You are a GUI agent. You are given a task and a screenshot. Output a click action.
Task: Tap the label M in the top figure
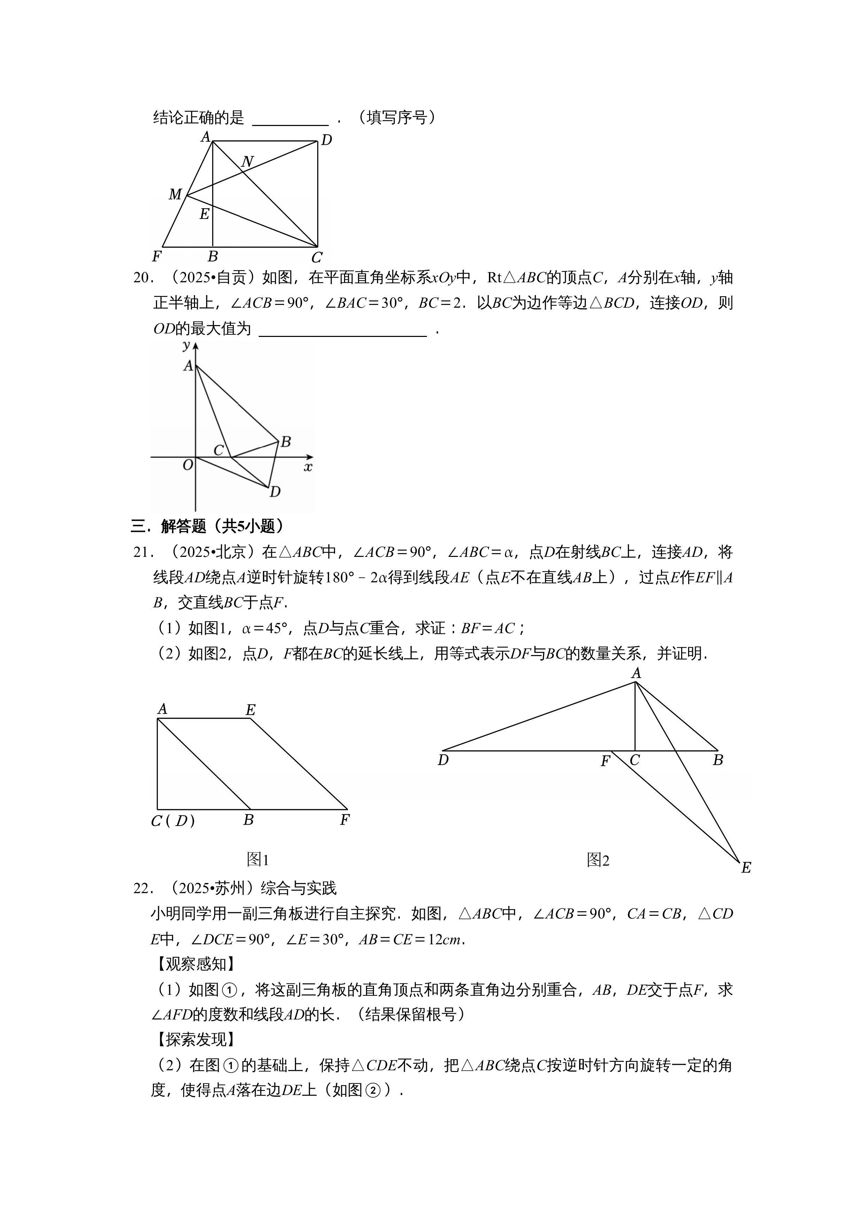[x=175, y=195]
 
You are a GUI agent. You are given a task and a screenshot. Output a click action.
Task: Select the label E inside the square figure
[x=204, y=214]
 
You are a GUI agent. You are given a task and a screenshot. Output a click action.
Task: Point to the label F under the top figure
[x=156, y=257]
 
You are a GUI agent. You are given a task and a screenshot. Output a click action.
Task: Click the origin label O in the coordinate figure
[x=187, y=465]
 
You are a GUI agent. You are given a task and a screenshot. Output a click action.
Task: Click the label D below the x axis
[x=275, y=491]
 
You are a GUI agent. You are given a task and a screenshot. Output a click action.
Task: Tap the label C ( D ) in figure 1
[x=173, y=821]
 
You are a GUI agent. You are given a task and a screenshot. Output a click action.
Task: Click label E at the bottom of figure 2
[x=746, y=868]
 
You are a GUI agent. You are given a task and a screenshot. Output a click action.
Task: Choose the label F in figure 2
[x=605, y=762]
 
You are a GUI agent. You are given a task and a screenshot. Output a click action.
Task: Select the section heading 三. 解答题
[x=208, y=527]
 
